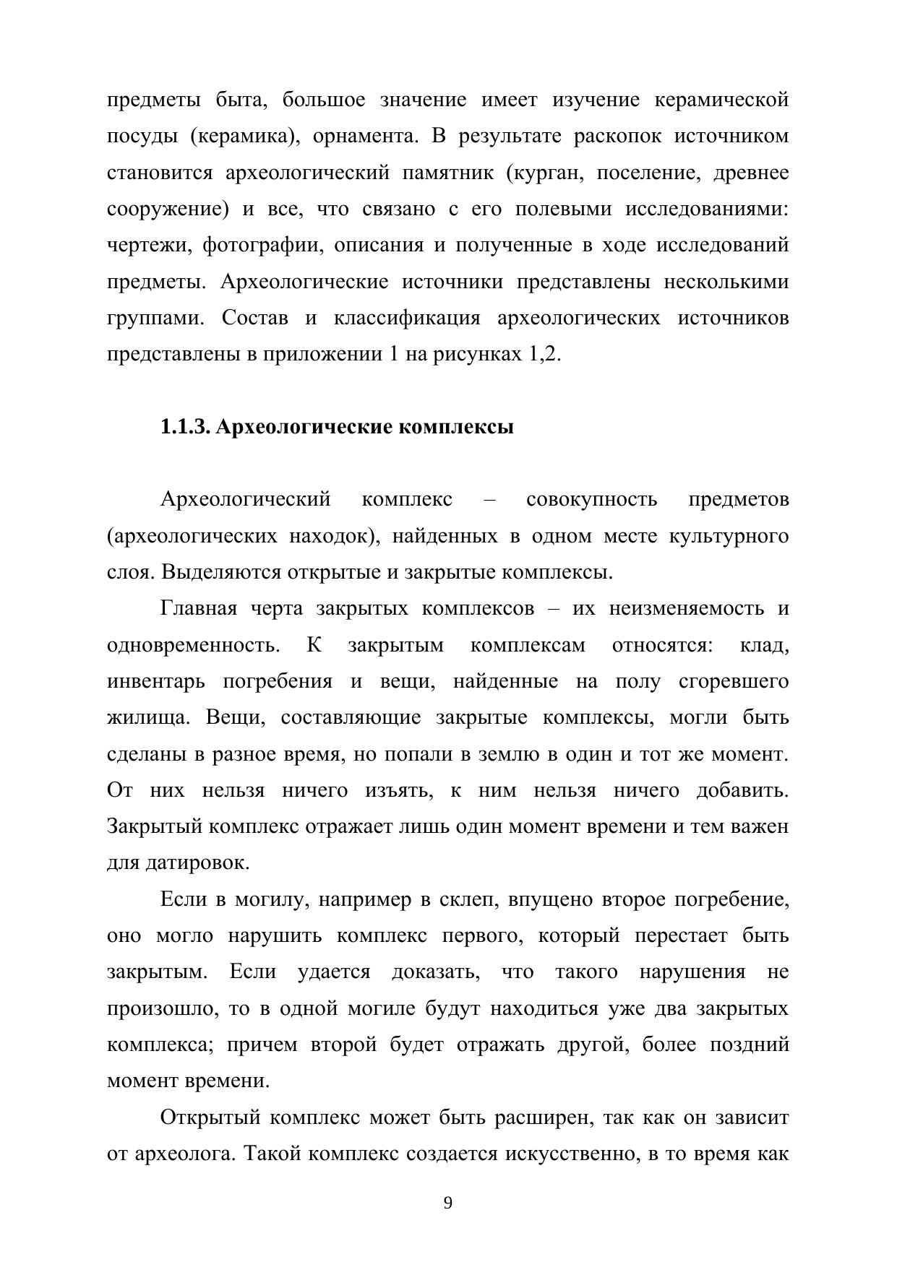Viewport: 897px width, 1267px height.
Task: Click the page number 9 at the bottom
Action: [x=447, y=1203]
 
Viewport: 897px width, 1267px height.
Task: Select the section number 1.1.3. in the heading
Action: [x=185, y=427]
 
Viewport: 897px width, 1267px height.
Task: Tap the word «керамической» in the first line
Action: [x=721, y=100]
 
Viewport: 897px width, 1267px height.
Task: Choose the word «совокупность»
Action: [x=592, y=499]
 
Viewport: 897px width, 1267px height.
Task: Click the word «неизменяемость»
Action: [x=685, y=608]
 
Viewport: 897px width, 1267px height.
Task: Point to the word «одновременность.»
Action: [x=193, y=645]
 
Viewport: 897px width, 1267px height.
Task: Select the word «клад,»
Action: [x=764, y=645]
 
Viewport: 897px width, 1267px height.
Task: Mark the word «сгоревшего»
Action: [x=734, y=681]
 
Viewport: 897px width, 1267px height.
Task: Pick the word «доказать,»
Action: [x=436, y=972]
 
